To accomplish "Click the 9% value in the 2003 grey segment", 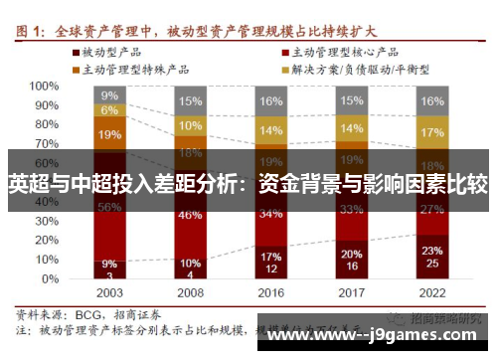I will click(x=109, y=95).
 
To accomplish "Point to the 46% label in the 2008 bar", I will click(x=190, y=214).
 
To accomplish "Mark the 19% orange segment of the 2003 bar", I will click(x=109, y=134).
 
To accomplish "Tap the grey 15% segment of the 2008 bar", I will click(x=190, y=100).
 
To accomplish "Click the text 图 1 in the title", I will click(x=30, y=12).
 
